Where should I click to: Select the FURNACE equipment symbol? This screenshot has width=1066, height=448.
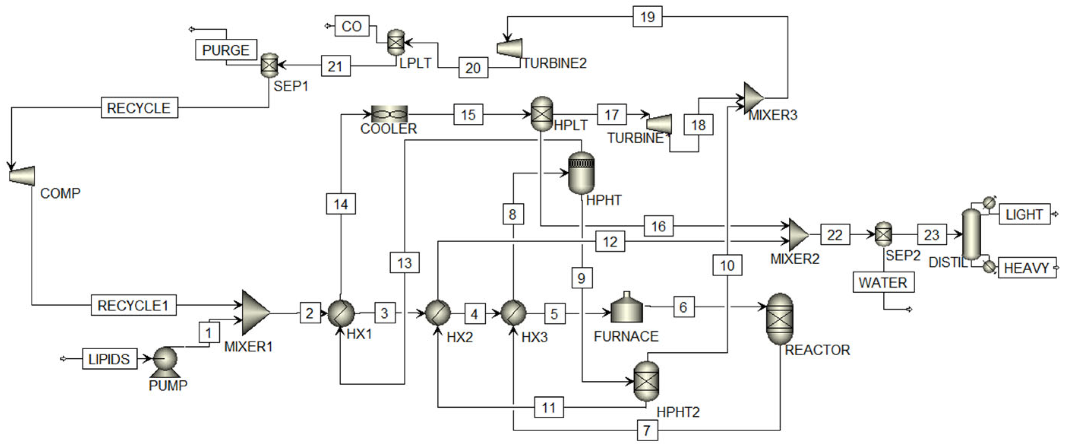(627, 309)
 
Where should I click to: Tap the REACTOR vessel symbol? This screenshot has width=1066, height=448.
(780, 319)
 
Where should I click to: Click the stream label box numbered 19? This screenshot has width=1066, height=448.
(647, 17)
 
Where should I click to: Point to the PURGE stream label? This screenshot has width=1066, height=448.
(226, 50)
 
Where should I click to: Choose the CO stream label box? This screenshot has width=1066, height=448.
(352, 27)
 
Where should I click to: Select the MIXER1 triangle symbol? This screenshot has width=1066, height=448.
(254, 313)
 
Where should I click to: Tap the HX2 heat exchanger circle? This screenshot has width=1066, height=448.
(438, 313)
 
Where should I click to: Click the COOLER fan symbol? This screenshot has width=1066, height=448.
(389, 114)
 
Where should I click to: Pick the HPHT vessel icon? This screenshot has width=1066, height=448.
(581, 173)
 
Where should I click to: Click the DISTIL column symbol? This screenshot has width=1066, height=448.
(971, 235)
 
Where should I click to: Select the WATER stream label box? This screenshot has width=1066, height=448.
(883, 282)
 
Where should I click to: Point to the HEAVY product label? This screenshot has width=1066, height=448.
(1027, 268)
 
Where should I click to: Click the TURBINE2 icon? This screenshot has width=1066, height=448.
(510, 48)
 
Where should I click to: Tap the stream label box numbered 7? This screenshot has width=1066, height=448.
(647, 431)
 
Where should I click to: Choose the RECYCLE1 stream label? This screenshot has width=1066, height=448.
(133, 306)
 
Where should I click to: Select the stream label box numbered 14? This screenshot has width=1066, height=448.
(341, 204)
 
